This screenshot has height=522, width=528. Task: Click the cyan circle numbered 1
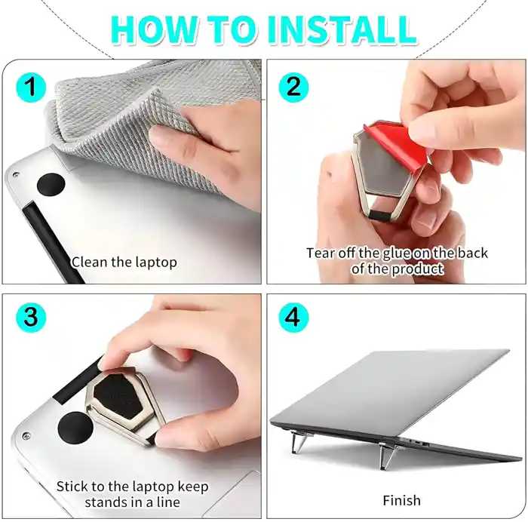point(30,88)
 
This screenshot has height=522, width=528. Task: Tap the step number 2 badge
point(293,88)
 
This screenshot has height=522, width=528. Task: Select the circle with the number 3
point(30,318)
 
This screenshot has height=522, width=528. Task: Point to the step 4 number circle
point(293,318)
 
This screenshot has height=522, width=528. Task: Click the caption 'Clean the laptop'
point(124,263)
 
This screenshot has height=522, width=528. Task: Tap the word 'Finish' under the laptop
point(401,500)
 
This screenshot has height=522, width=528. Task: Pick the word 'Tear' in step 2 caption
point(320,253)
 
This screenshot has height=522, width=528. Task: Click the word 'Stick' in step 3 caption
point(74,487)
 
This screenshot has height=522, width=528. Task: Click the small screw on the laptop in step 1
point(14,175)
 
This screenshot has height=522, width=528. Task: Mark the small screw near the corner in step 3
point(26,436)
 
